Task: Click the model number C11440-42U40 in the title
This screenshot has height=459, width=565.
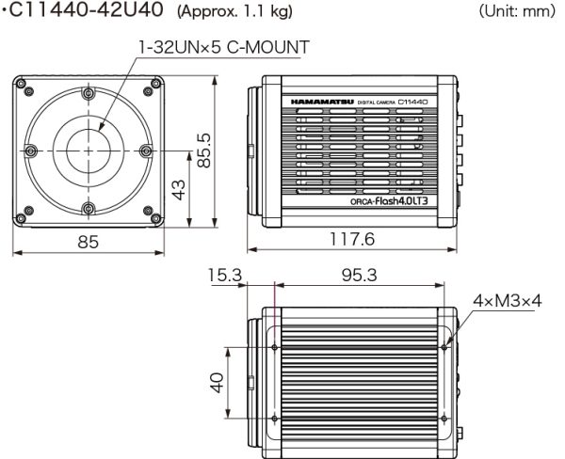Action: click(x=86, y=10)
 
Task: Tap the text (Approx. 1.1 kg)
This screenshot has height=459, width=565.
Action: click(x=234, y=12)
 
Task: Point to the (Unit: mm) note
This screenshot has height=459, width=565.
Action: click(x=517, y=11)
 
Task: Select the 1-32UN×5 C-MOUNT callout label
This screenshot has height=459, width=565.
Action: click(x=224, y=47)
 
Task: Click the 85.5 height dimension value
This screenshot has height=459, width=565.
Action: click(x=204, y=150)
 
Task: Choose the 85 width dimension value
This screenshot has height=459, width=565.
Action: click(x=88, y=242)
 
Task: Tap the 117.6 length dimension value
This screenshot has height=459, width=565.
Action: click(x=352, y=239)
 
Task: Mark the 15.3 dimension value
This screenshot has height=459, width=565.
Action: click(x=225, y=276)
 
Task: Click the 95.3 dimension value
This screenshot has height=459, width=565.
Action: click(x=360, y=276)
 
